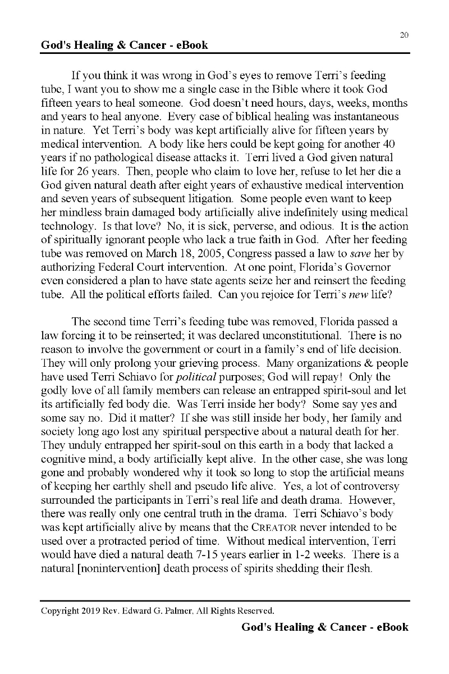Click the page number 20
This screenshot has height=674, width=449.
point(404,35)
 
